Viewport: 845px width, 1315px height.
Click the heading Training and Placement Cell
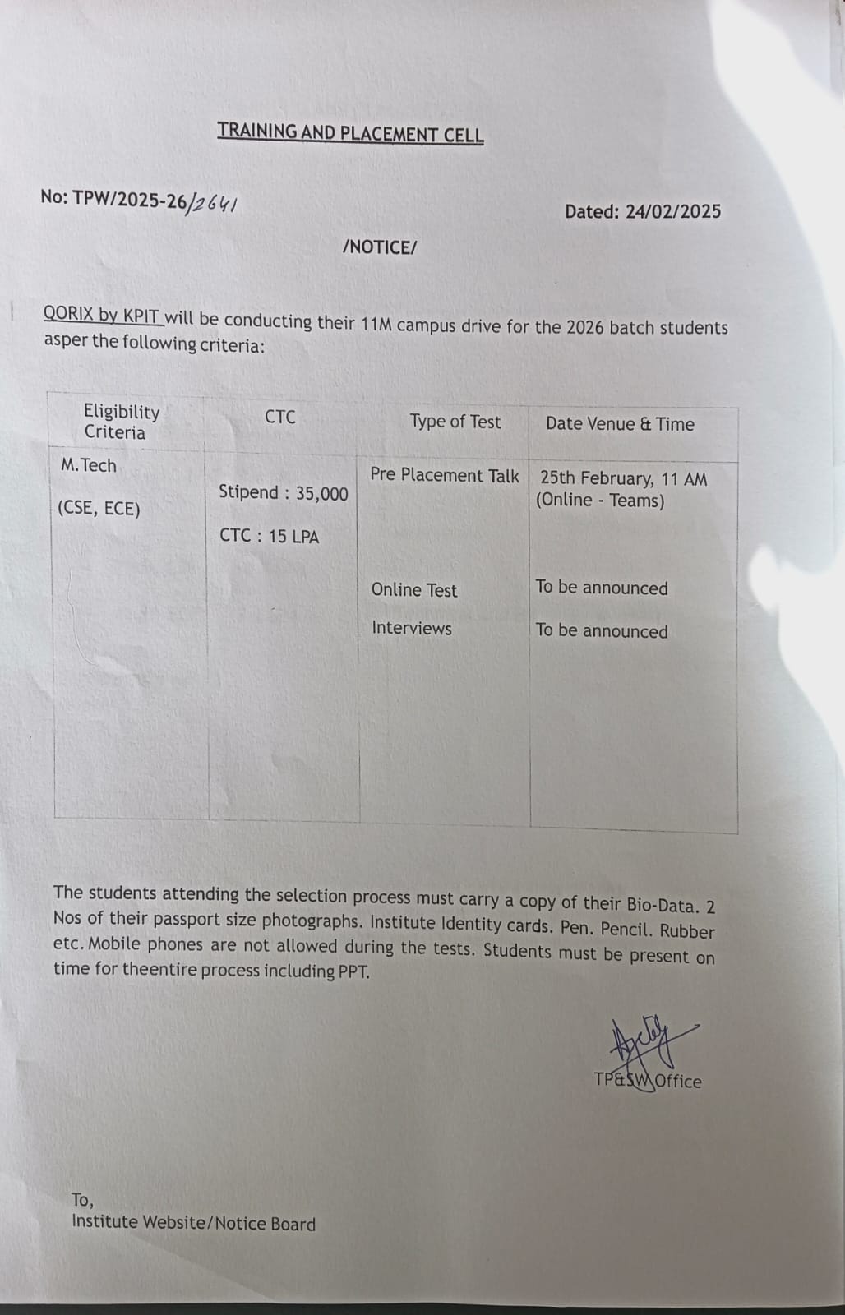[350, 132]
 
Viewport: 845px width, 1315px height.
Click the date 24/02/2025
[672, 211]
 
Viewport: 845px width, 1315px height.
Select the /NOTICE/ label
[380, 247]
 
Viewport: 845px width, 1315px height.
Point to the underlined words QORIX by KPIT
[103, 315]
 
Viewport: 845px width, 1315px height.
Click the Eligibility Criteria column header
[120, 422]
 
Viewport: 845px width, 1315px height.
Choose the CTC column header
[279, 417]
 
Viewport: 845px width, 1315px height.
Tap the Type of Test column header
[455, 422]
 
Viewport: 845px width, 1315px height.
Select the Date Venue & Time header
[620, 424]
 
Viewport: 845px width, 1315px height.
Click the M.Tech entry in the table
[89, 465]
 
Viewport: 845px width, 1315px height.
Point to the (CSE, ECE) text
[99, 509]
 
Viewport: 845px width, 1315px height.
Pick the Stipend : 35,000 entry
[283, 492]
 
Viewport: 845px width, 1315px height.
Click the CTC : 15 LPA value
[269, 536]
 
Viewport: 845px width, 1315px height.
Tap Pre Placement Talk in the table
[444, 475]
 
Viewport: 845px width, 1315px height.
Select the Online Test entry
[413, 589]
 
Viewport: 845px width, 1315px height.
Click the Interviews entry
[411, 628]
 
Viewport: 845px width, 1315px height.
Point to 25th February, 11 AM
[623, 478]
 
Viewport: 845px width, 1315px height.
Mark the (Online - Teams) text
[600, 500]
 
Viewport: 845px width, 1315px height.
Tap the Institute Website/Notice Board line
[193, 1223]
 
